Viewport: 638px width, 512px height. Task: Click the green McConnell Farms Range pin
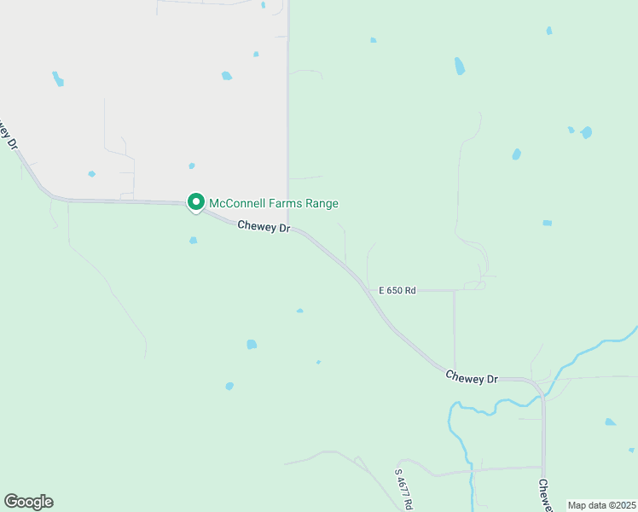[x=195, y=203]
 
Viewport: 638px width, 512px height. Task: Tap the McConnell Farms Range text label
[x=274, y=203]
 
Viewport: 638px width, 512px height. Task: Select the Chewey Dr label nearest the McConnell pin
[x=264, y=227]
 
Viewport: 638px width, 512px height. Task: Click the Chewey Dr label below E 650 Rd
[x=471, y=376]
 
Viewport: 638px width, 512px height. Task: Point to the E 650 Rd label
[x=397, y=291]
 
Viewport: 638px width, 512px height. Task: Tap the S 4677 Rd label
[x=404, y=487]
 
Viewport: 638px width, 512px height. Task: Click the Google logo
[x=28, y=502]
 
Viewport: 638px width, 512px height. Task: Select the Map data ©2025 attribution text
[x=600, y=505]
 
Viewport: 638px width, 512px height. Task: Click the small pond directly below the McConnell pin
[x=194, y=241]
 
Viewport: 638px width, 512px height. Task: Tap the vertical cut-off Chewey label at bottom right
[x=544, y=495]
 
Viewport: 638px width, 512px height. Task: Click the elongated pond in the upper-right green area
[x=460, y=66]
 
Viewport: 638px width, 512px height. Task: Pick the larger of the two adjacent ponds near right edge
[x=586, y=132]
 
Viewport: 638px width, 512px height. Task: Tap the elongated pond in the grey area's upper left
[x=58, y=79]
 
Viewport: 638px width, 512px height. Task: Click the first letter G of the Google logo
[x=11, y=502]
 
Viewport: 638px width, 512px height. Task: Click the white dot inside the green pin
[x=195, y=201]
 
